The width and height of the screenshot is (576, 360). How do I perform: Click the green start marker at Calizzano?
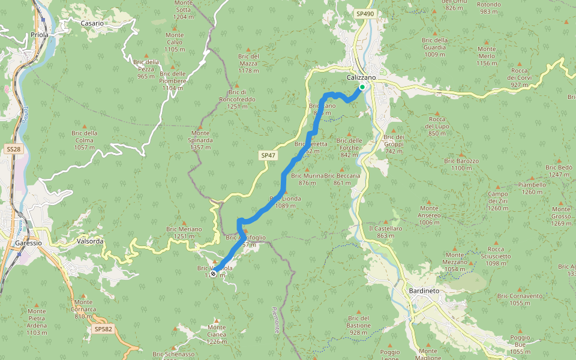[362, 87]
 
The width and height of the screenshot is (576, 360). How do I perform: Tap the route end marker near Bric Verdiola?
[213, 274]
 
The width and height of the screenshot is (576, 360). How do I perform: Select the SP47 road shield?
[268, 155]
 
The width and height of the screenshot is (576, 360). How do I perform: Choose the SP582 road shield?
[103, 329]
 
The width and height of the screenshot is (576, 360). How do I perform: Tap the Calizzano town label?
[361, 77]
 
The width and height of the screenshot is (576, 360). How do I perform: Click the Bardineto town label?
[424, 291]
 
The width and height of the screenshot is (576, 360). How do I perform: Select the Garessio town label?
[29, 244]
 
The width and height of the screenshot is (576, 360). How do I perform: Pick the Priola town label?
[40, 35]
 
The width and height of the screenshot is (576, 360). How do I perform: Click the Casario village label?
[92, 23]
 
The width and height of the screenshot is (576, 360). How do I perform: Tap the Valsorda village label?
[91, 241]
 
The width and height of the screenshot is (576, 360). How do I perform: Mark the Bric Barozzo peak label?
[461, 164]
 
